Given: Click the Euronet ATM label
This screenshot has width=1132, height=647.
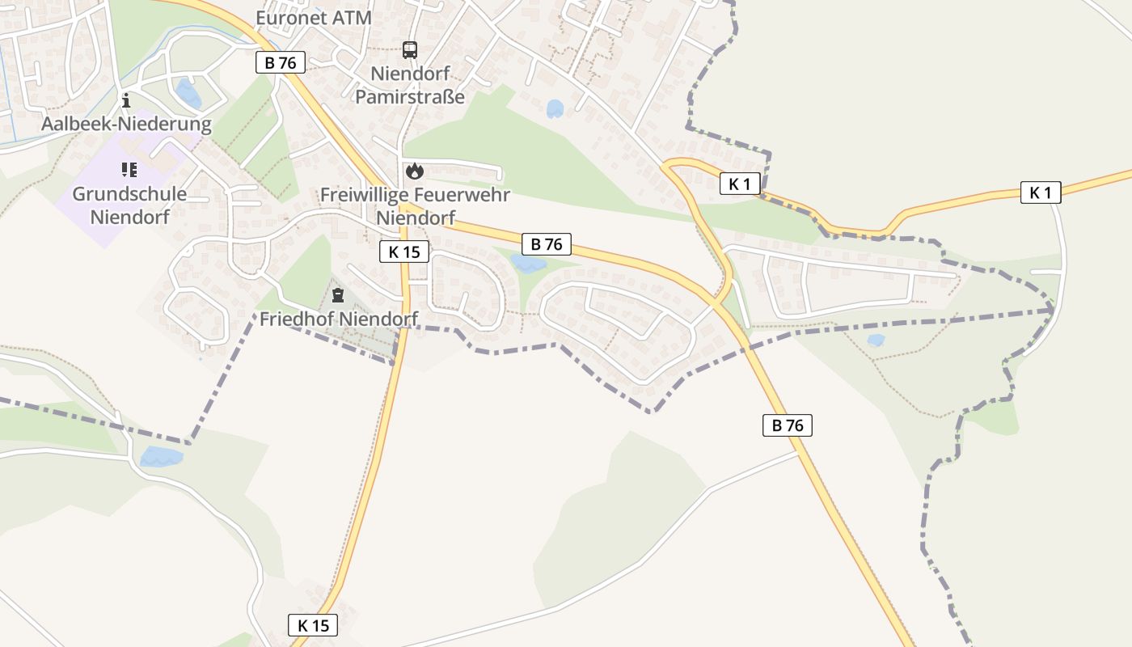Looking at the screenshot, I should [x=314, y=18].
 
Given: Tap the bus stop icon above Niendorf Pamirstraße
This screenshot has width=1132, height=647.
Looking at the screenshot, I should [x=410, y=50].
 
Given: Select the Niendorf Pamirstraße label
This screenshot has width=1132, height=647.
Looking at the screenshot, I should [x=410, y=85].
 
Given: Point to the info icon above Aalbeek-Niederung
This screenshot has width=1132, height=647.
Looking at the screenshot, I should [x=126, y=101].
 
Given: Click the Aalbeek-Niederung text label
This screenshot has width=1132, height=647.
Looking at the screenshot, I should [x=126, y=125].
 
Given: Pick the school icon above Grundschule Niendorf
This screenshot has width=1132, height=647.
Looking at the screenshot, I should [x=129, y=170].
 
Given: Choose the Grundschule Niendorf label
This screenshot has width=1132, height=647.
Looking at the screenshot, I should [x=129, y=205].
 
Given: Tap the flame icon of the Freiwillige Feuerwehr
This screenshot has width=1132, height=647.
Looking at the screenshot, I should [x=415, y=171].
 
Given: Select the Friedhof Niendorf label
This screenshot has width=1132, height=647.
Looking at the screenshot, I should [x=338, y=319].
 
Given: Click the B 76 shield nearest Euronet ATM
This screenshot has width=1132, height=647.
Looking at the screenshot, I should [x=281, y=62].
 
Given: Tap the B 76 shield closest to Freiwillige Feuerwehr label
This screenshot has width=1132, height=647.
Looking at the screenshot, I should [x=547, y=243].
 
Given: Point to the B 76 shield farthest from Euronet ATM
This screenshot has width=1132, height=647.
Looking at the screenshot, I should [x=787, y=425].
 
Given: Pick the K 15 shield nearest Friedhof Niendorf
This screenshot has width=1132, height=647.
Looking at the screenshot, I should [x=404, y=252].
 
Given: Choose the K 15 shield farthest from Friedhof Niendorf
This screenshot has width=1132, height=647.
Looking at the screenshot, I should [x=312, y=624].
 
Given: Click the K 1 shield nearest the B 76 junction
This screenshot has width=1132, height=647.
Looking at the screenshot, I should [x=740, y=184].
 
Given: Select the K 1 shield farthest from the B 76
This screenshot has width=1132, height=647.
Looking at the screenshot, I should [x=1040, y=192].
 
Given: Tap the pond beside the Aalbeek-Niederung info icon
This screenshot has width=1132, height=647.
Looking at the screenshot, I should [x=188, y=94].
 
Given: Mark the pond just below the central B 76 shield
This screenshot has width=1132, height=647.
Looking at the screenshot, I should [x=530, y=264].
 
